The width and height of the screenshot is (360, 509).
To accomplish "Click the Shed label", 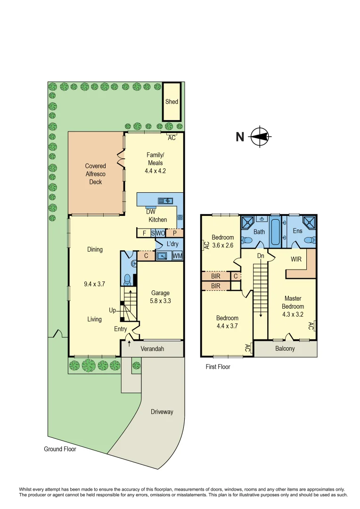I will (172, 102).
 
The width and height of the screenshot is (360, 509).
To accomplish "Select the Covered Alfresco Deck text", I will (96, 174).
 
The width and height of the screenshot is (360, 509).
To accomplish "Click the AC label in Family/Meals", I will (172, 138).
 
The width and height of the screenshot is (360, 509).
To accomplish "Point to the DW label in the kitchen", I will (150, 212).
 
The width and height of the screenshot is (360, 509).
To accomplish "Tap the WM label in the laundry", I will (177, 256).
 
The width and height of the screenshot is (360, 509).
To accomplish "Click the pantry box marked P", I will (174, 233).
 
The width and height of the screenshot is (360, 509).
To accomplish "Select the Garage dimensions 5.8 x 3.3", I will (160, 301).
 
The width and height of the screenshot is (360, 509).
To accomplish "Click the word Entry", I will (121, 329).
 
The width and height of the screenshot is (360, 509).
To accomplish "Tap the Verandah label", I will (152, 349).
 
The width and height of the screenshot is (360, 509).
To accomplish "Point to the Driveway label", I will (162, 412).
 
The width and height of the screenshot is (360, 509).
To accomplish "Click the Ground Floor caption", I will (60, 449).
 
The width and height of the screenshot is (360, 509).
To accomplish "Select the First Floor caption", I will (218, 367).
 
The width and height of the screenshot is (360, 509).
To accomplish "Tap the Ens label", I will (297, 231).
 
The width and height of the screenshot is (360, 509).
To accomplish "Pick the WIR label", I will (296, 259).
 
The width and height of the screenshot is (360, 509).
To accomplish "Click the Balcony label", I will (285, 349).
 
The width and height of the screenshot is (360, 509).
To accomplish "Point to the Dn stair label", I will (260, 256).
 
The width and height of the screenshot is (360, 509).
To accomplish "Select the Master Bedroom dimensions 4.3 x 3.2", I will (293, 314).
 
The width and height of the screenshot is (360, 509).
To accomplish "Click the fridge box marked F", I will (144, 233).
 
